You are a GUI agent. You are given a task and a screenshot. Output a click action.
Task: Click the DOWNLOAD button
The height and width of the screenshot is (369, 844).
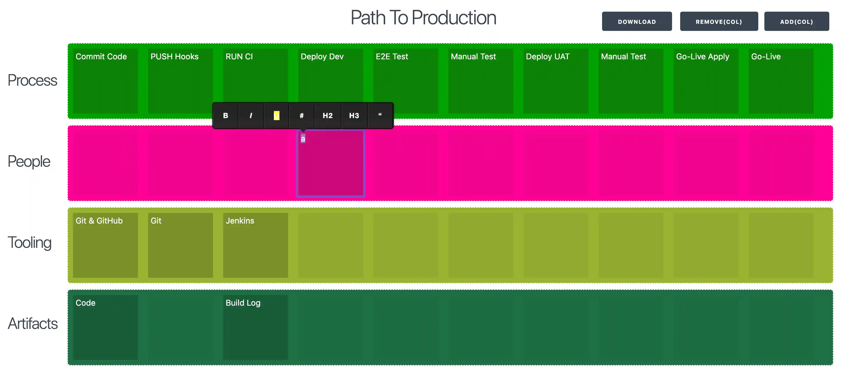pyautogui.click(x=637, y=22)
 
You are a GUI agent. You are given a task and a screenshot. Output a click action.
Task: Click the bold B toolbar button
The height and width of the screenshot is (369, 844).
pyautogui.click(x=225, y=116)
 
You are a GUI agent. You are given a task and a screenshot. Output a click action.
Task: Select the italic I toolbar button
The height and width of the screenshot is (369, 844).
pyautogui.click(x=251, y=116)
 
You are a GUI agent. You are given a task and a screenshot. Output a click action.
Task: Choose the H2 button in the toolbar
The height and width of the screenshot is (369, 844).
pyautogui.click(x=327, y=116)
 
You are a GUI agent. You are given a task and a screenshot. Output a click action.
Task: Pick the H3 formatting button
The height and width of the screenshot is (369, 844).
pyautogui.click(x=354, y=116)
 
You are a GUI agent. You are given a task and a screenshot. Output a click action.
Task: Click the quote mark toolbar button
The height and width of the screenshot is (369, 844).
pyautogui.click(x=380, y=116)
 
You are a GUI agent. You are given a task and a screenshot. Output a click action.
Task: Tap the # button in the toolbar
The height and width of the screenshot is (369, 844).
pyautogui.click(x=302, y=116)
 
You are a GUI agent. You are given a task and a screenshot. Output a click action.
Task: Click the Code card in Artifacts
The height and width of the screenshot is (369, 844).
pyautogui.click(x=105, y=327)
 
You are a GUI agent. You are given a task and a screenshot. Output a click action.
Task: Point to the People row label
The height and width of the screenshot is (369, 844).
pyautogui.click(x=29, y=161)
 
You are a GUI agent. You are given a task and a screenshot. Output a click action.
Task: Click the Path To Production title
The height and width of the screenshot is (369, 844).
pyautogui.click(x=423, y=18)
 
